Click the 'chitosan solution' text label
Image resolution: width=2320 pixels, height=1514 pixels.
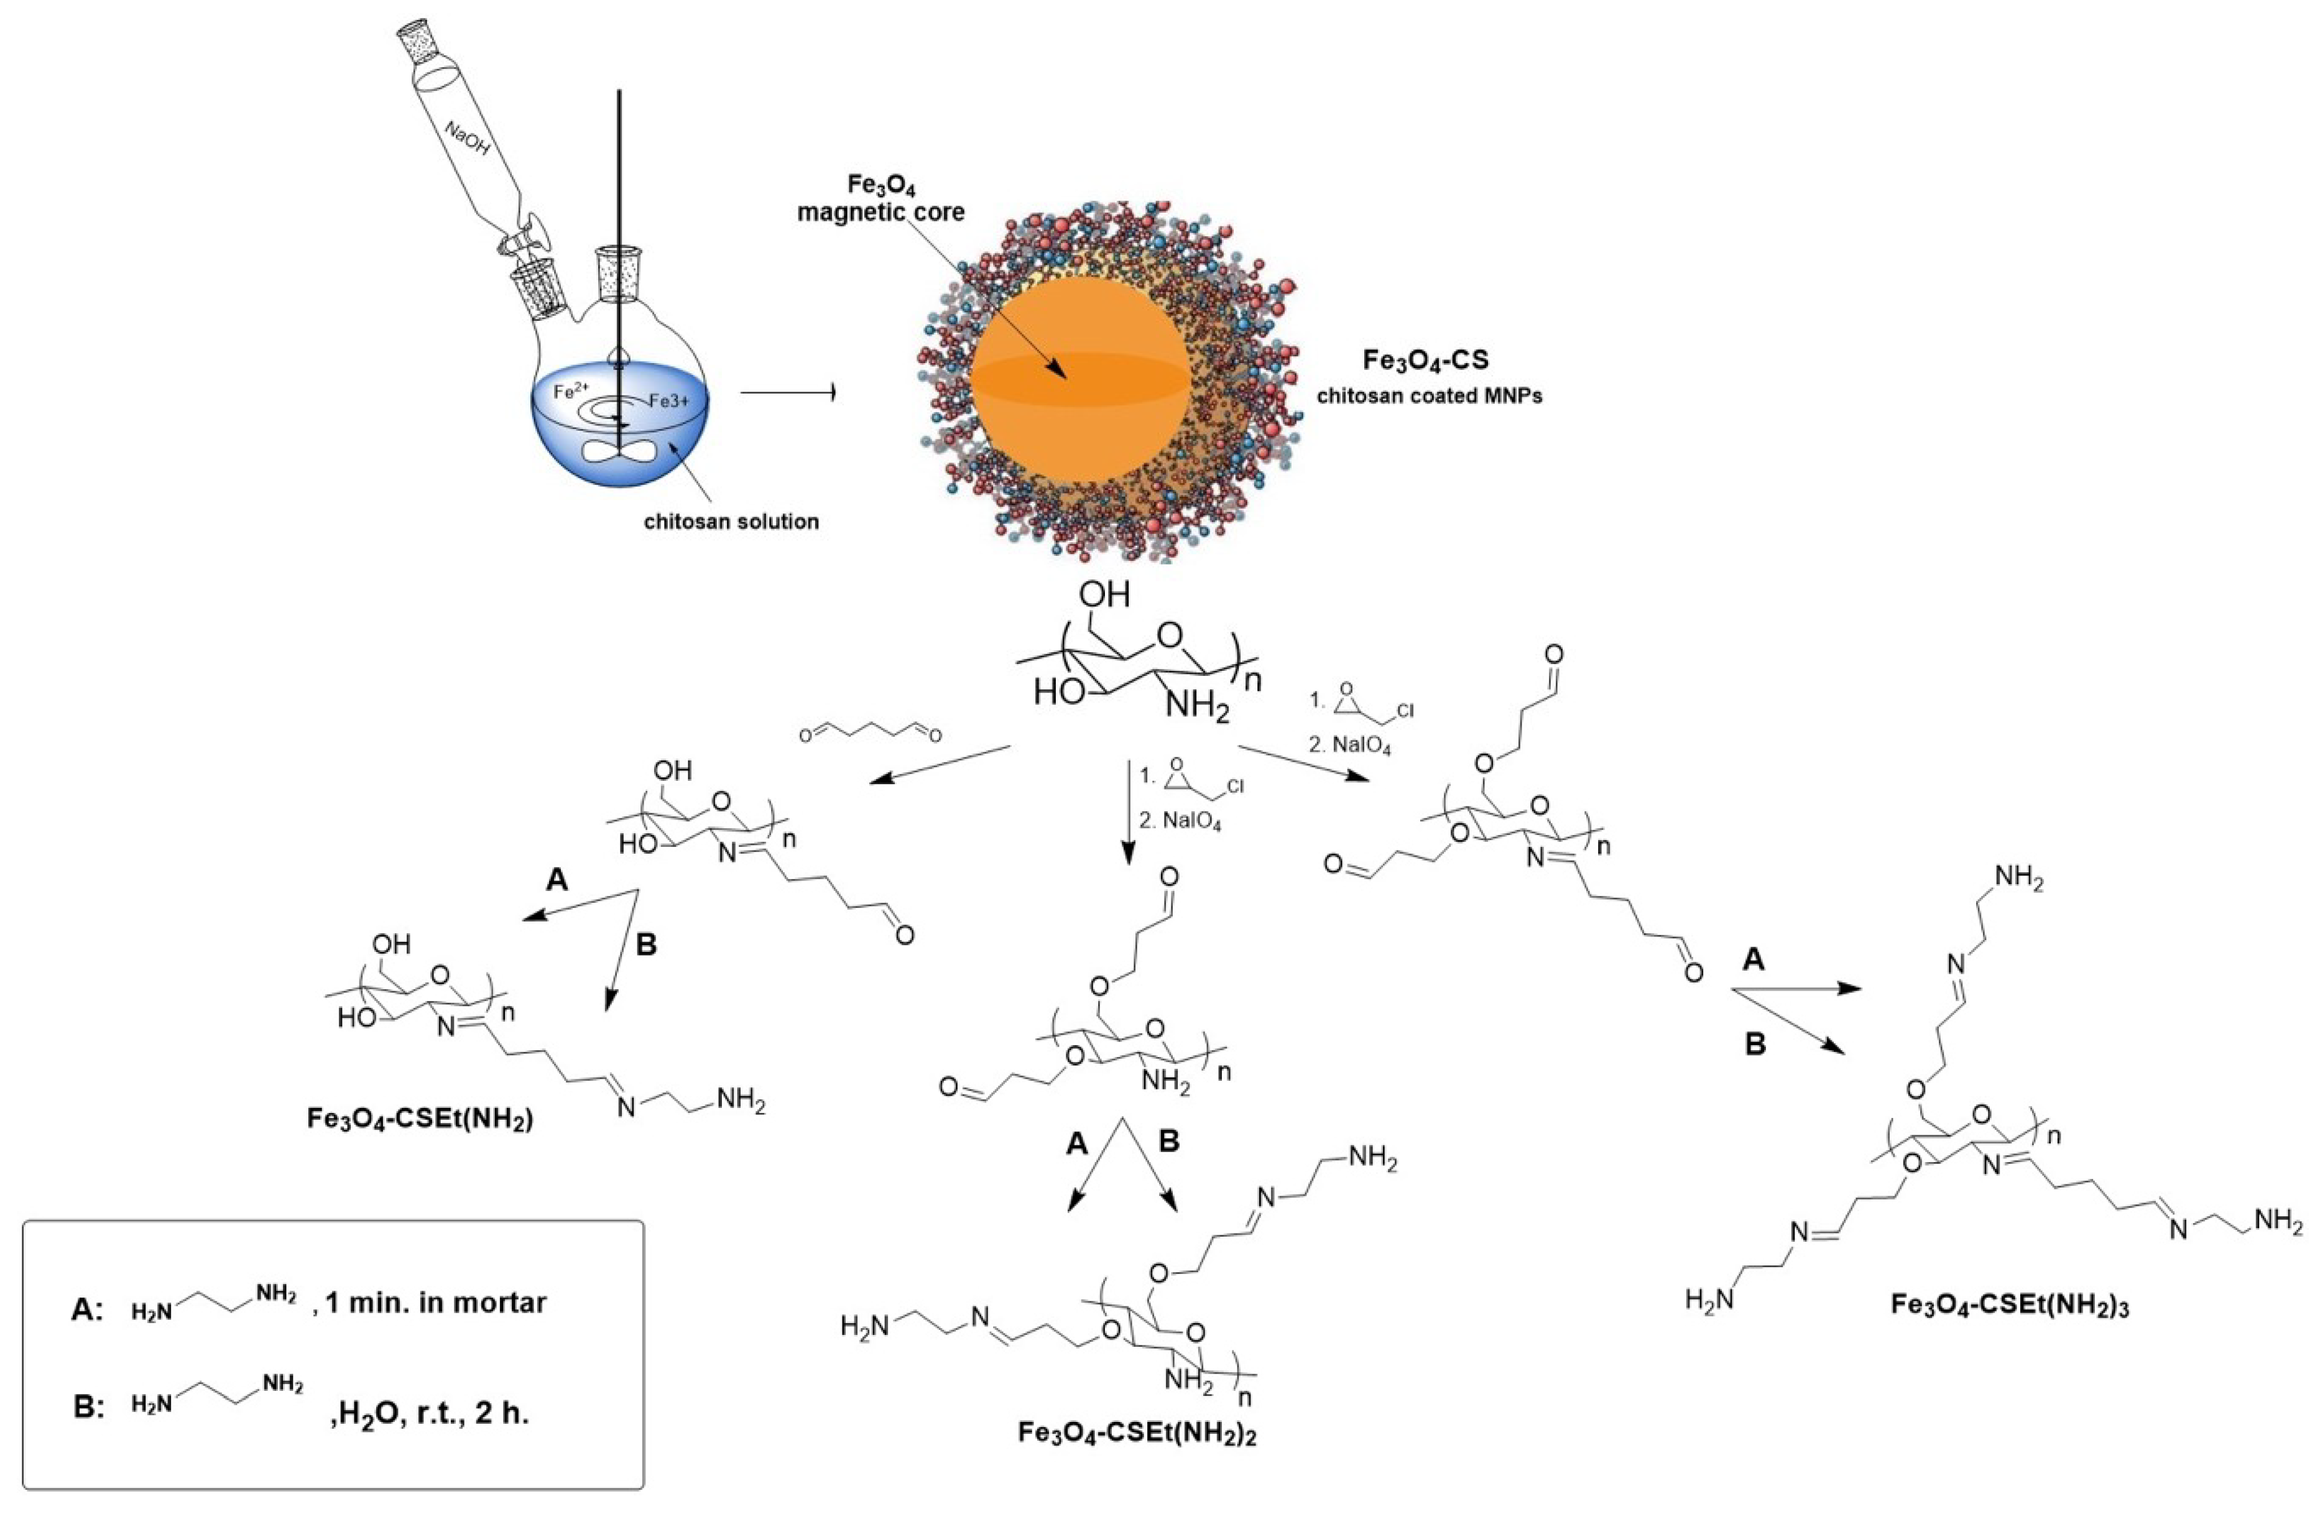(731, 522)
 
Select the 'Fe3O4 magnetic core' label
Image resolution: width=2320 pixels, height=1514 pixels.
(880, 198)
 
